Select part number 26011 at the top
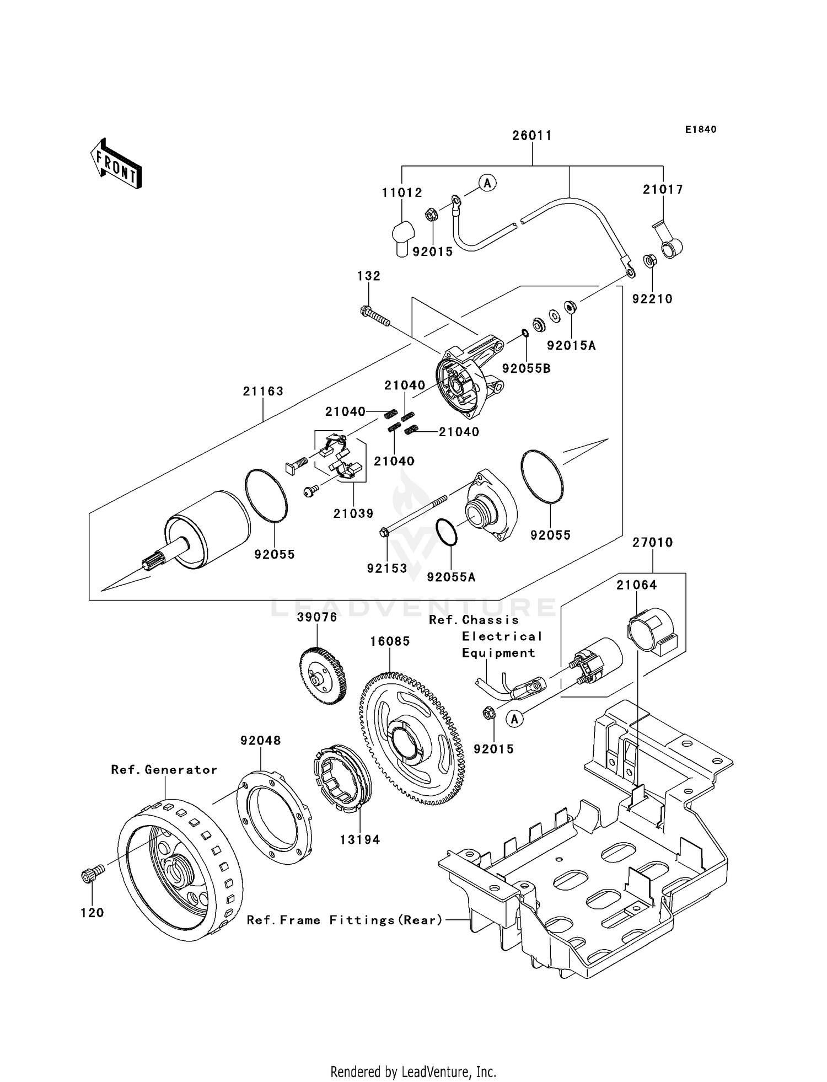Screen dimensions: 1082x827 click(532, 136)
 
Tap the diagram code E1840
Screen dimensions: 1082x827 click(701, 130)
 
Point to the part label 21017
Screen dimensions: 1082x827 click(663, 190)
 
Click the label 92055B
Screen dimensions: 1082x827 click(526, 369)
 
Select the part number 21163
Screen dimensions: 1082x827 click(263, 392)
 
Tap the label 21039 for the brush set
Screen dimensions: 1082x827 click(353, 513)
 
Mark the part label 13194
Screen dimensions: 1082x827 click(360, 840)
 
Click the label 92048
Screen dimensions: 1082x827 click(260, 741)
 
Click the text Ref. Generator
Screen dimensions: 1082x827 click(164, 770)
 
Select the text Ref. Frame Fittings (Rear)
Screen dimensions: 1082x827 click(345, 920)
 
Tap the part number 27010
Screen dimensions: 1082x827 click(652, 543)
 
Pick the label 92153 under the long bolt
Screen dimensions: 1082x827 click(387, 568)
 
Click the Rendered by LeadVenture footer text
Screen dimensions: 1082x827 click(413, 1072)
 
